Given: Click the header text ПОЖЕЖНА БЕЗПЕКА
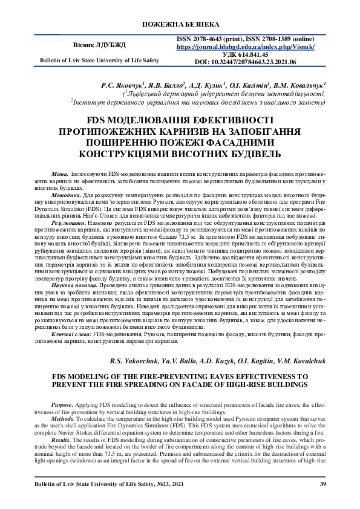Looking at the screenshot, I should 180,24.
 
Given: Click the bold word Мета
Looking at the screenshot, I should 61,173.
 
